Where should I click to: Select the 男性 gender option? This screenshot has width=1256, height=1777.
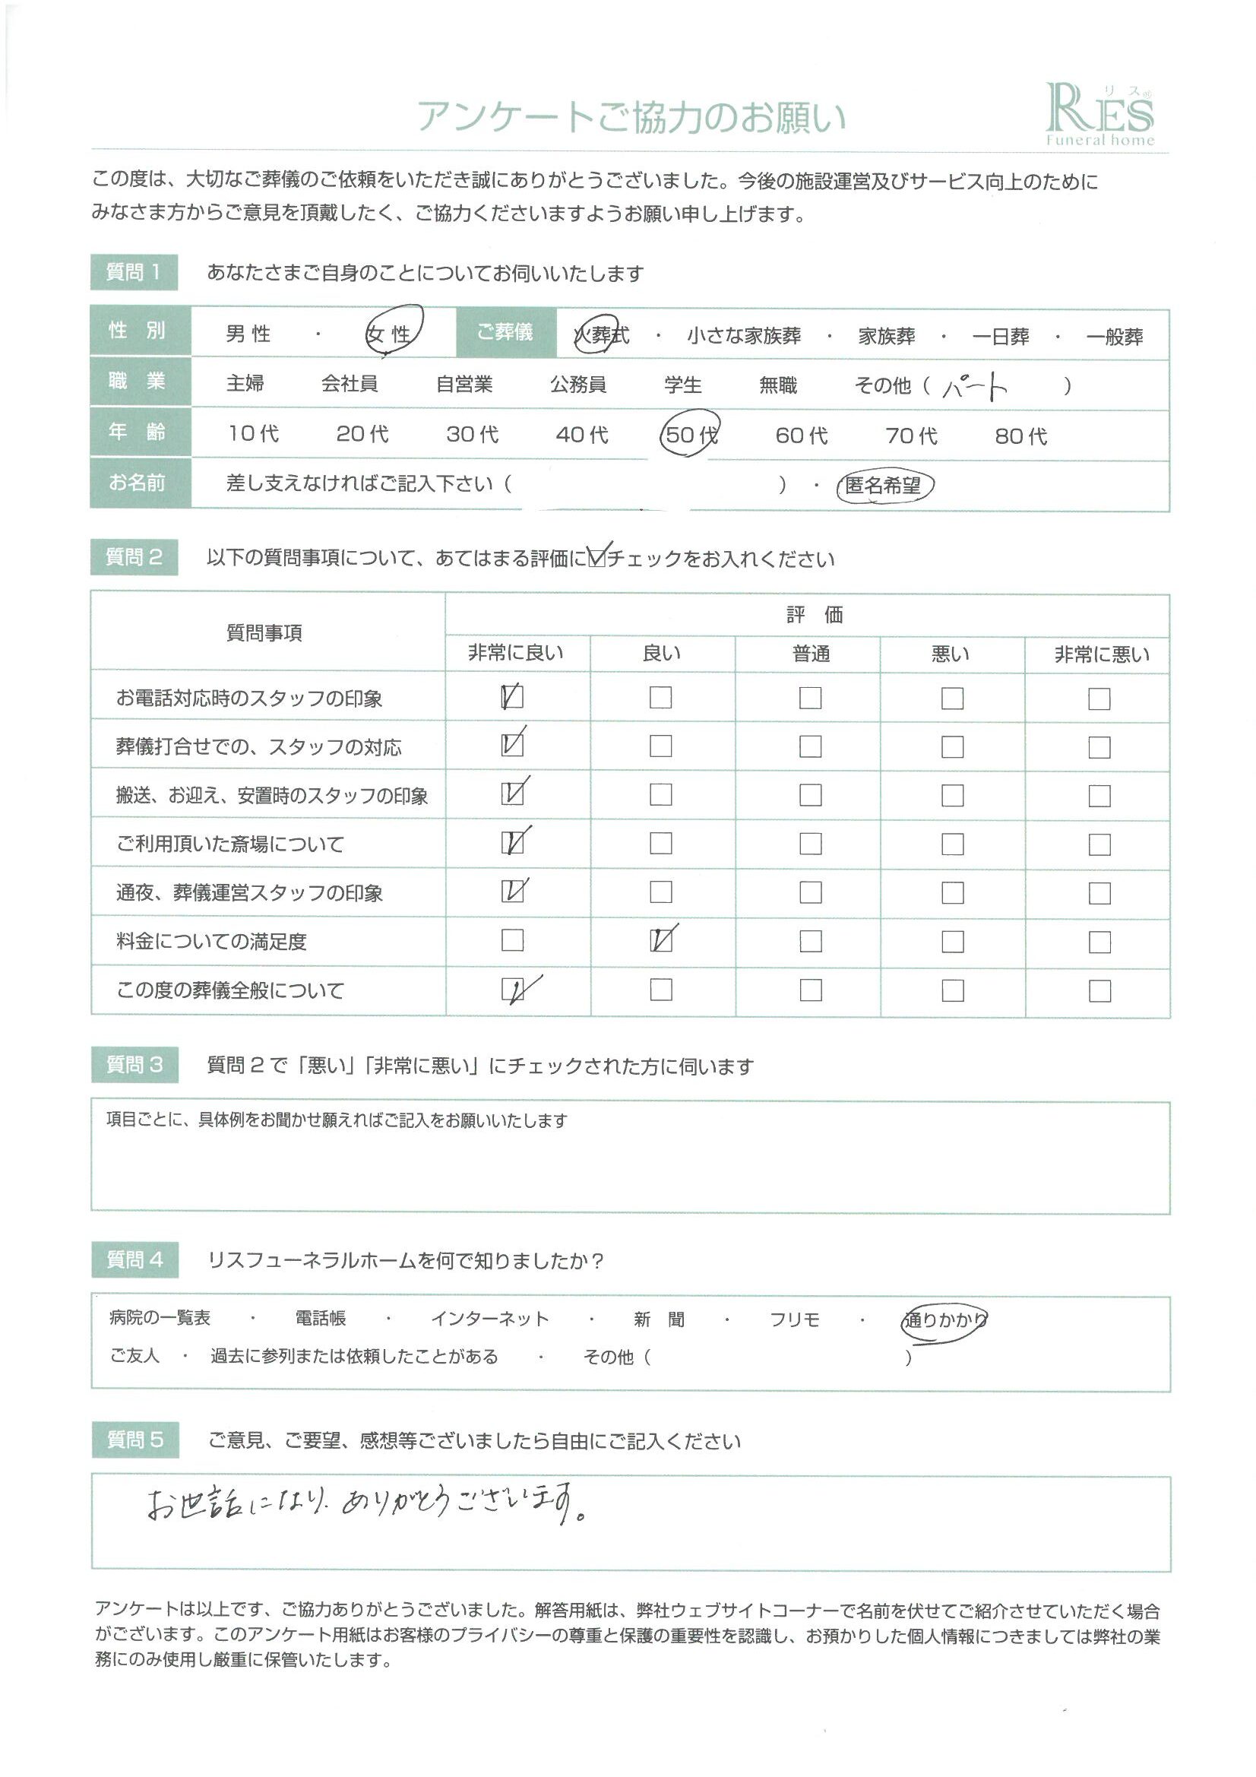pyautogui.click(x=248, y=334)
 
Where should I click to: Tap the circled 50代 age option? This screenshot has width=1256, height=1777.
pyautogui.click(x=689, y=434)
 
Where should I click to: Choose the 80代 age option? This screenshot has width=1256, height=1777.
pyautogui.click(x=1020, y=436)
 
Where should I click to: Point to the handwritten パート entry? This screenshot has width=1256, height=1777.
pyautogui.click(x=975, y=385)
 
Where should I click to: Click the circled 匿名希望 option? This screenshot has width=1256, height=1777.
pyautogui.click(x=884, y=485)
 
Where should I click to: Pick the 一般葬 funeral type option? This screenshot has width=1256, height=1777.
pyautogui.click(x=1115, y=337)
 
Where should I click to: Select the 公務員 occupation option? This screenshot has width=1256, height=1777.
pyautogui.click(x=578, y=385)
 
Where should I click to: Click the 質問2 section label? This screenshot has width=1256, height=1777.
pyautogui.click(x=134, y=557)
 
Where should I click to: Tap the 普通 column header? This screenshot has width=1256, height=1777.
pyautogui.click(x=810, y=654)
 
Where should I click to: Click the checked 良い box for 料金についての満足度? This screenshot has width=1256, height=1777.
pyautogui.click(x=662, y=940)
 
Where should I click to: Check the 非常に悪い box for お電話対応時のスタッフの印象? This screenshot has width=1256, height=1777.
pyautogui.click(x=1099, y=699)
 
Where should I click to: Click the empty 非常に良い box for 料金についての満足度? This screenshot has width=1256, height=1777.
pyautogui.click(x=512, y=940)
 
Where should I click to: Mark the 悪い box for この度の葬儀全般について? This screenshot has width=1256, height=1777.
pyautogui.click(x=952, y=990)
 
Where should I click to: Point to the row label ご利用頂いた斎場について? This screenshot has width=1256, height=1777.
pyautogui.click(x=229, y=844)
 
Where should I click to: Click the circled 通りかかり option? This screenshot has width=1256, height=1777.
pyautogui.click(x=944, y=1319)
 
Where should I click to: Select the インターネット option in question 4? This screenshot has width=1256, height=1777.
pyautogui.click(x=490, y=1319)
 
